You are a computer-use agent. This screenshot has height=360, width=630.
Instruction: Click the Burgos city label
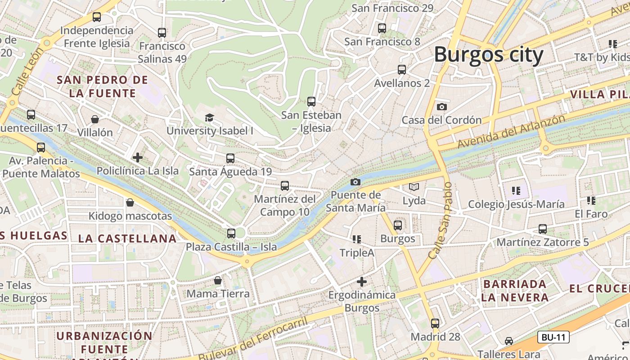coord(489,55)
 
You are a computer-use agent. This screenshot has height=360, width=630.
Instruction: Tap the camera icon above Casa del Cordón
coord(442,107)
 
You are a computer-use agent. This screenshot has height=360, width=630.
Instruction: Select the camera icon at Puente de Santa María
coord(355,182)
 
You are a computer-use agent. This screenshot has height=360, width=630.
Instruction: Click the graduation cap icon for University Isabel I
coord(209,118)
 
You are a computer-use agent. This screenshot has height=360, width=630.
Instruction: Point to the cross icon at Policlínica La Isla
coord(138,157)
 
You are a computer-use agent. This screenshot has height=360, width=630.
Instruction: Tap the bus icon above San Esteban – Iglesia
coord(311,102)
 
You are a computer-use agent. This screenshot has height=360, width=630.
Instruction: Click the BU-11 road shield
coord(553,337)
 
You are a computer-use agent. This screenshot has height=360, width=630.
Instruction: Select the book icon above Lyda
coord(414,187)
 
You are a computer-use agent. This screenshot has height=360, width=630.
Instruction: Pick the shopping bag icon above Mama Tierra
coord(218,280)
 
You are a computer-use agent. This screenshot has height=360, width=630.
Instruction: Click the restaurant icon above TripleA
coord(357,239)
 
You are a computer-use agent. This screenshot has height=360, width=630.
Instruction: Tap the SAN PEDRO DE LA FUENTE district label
coord(103,87)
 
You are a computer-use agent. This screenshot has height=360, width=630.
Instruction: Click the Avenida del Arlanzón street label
coord(511,132)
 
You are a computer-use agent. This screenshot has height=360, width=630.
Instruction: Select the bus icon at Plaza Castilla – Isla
coord(231,234)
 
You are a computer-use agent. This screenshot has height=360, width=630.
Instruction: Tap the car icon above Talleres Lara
coord(509,341)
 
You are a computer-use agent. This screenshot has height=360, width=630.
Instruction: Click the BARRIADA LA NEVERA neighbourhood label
coord(514,291)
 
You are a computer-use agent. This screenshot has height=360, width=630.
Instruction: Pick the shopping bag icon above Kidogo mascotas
coord(130,202)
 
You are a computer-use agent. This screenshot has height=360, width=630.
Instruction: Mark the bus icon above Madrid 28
coord(435,323)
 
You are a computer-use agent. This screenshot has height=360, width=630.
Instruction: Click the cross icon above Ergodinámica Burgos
coord(361,282)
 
